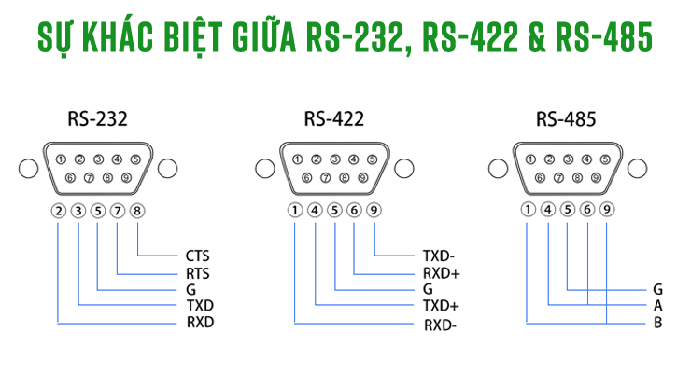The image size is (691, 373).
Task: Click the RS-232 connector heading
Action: (x=97, y=119)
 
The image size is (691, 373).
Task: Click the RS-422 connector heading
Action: (x=333, y=119)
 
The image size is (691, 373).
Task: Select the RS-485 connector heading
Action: (x=566, y=119)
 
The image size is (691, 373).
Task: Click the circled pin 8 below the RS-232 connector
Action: (x=137, y=210)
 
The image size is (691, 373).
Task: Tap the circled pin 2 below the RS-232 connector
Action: (x=59, y=210)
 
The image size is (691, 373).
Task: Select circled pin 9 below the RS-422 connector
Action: (x=374, y=210)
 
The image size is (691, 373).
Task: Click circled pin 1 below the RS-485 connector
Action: (x=529, y=210)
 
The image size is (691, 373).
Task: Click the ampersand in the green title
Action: (x=529, y=39)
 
